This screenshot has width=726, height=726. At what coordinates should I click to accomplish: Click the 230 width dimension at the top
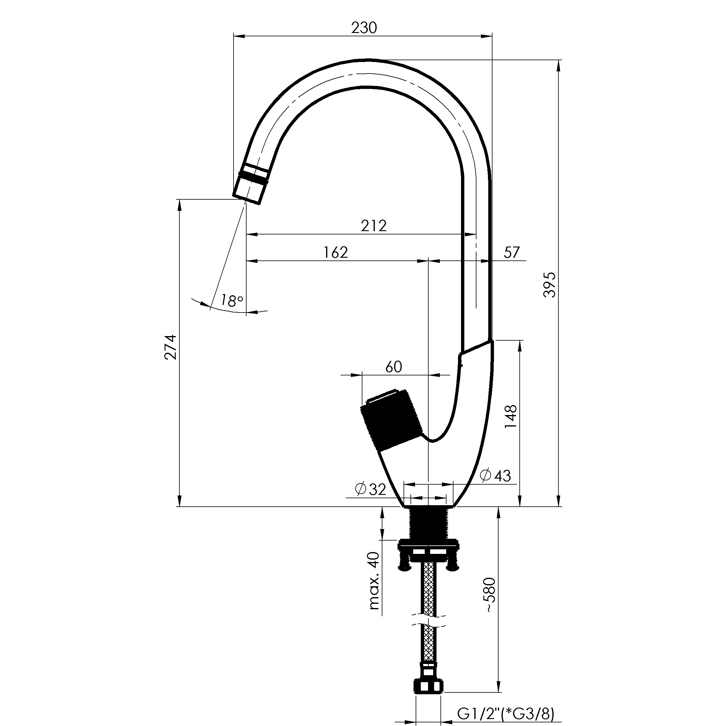(364, 28)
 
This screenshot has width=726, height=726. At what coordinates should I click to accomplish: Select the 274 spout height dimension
(170, 347)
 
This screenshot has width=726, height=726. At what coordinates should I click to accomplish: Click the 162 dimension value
(335, 252)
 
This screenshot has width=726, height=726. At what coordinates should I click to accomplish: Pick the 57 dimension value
(512, 252)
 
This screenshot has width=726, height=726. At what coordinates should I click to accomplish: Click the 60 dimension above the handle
(394, 366)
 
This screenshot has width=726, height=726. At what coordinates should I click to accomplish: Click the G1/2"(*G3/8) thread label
(506, 713)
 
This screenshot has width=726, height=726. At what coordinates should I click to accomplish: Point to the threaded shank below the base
(428, 523)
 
